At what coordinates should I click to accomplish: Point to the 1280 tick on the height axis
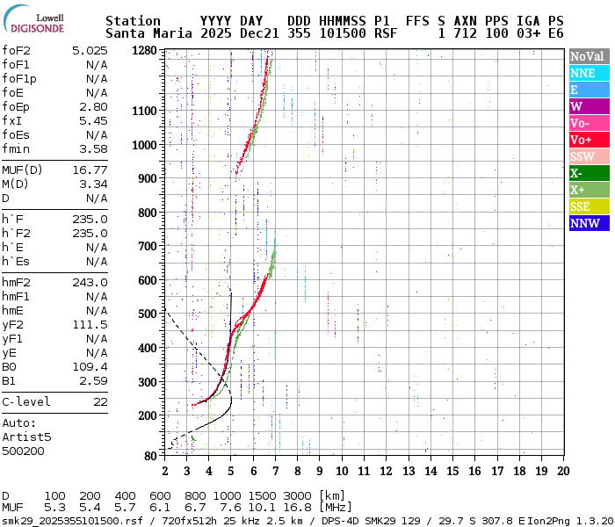click(143, 51)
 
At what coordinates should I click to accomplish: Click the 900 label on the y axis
click(146, 178)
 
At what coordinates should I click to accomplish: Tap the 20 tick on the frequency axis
click(562, 470)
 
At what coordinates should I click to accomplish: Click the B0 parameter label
click(10, 366)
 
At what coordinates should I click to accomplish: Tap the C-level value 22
click(100, 401)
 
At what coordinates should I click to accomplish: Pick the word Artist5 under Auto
click(26, 437)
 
